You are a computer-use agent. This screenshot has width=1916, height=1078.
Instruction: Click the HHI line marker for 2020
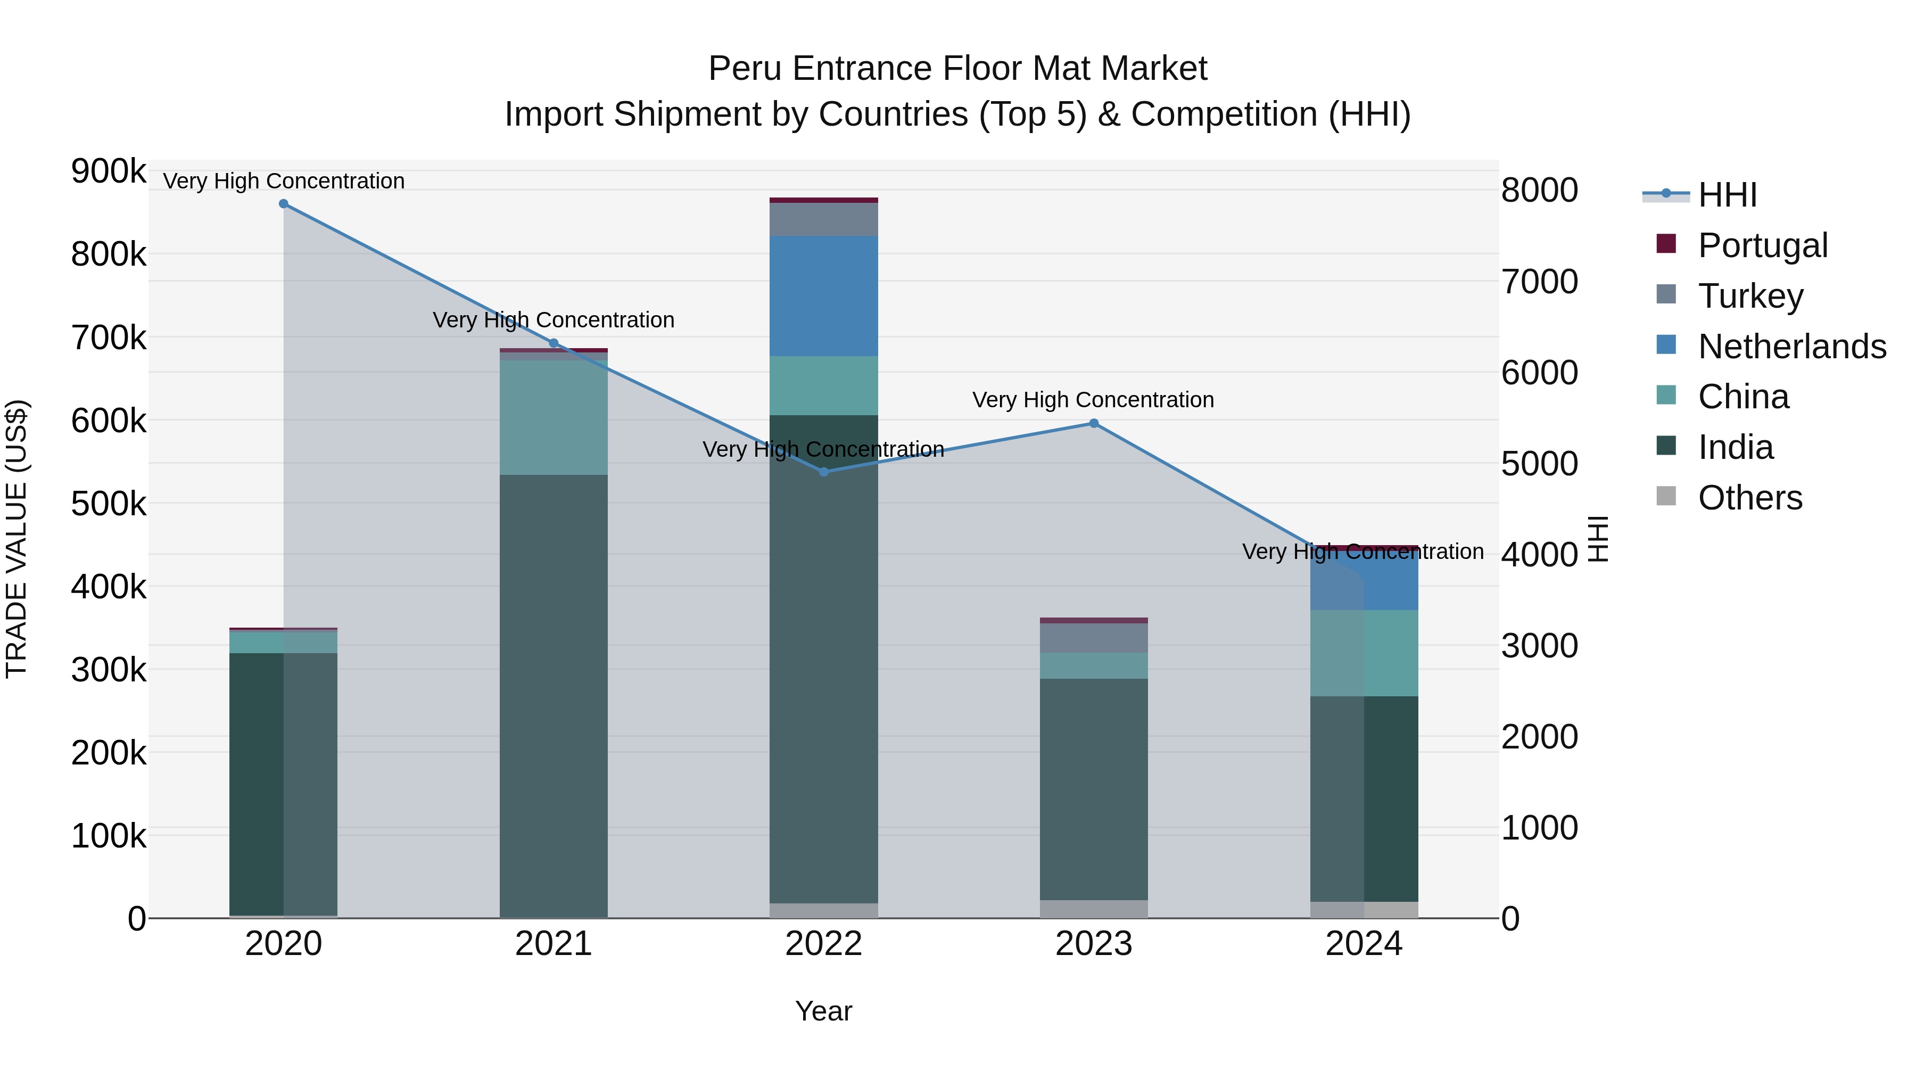pos(283,204)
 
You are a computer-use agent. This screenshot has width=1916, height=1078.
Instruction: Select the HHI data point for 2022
pos(823,472)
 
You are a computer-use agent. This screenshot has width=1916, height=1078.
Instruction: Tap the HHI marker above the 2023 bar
pos(1093,423)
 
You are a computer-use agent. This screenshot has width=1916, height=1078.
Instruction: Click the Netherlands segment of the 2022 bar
pos(823,296)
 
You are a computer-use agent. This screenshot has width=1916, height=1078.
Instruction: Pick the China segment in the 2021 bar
pos(554,417)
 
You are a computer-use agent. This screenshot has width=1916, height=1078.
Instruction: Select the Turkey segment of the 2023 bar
pos(1093,638)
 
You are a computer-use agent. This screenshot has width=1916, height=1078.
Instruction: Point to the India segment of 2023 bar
pos(1093,788)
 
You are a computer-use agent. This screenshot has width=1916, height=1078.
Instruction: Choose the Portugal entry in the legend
pos(1762,245)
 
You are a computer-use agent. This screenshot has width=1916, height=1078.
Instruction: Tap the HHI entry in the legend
pos(1727,195)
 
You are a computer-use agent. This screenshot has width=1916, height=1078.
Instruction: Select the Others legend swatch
pos(1666,496)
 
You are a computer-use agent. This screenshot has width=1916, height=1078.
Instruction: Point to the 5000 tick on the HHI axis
pos(1539,464)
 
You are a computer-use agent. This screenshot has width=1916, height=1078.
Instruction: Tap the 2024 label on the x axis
pos(1364,944)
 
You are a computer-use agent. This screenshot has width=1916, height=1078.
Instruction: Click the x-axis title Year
pos(823,1011)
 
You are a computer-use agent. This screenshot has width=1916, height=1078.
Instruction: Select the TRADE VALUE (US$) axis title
pos(16,539)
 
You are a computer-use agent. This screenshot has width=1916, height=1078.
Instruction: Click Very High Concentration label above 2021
pos(554,320)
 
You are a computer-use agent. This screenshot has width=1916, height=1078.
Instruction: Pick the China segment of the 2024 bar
pos(1364,653)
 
